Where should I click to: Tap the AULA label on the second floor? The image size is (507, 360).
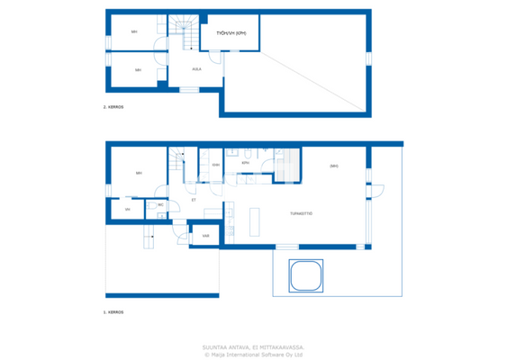pos(196,68)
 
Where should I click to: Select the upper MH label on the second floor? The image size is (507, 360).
pos(134,32)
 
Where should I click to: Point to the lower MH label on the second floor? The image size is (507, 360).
pos(138,70)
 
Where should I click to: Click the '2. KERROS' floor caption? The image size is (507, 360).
pos(113,107)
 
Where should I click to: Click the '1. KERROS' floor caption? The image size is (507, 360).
pos(113,312)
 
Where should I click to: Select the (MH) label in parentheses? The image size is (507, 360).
pos(333,166)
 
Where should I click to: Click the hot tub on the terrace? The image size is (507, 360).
pos(305,275)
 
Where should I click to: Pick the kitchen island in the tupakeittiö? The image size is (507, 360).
pos(254,221)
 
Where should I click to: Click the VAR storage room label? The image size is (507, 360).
pos(205,236)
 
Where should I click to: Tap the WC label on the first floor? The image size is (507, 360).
pos(160,205)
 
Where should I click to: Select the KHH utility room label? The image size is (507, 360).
pos(215,165)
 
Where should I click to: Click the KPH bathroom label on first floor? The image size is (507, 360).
pos(245,164)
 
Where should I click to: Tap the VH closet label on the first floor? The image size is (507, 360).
pos(128,210)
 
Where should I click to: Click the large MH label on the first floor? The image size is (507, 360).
pos(139,173)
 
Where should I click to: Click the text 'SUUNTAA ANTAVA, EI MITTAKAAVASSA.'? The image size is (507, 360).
pos(253,346)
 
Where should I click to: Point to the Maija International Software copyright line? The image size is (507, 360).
pos(253,354)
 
